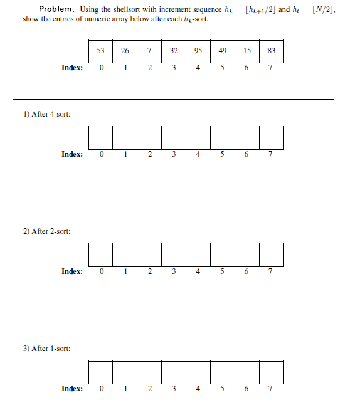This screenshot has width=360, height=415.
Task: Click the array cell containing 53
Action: pos(101,51)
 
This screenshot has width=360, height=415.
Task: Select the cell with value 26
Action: pos(125,51)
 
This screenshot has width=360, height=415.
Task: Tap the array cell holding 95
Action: pos(198,51)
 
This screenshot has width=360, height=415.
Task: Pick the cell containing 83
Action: pos(272,51)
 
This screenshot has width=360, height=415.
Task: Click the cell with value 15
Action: pos(247,51)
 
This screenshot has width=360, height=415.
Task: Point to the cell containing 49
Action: pos(223,51)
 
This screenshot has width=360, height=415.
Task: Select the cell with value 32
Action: pos(174,51)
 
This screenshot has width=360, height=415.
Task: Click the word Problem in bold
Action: pos(57,9)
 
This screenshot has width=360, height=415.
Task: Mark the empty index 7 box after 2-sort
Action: pos(272,255)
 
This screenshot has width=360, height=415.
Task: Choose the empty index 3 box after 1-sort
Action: pos(174,372)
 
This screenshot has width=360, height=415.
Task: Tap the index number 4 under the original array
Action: pos(198,68)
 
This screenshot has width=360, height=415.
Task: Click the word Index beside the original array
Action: pos(72,68)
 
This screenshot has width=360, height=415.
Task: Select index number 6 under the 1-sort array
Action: pos(247,389)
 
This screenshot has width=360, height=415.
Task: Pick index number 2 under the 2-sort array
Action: pos(150,272)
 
